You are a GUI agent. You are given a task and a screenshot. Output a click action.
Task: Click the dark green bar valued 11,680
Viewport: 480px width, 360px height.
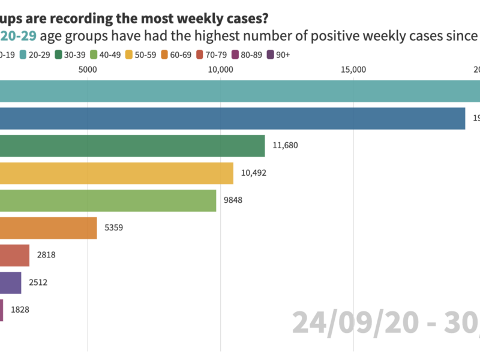click(132, 146)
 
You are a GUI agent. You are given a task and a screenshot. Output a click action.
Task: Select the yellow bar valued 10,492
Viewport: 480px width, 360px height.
click(116, 173)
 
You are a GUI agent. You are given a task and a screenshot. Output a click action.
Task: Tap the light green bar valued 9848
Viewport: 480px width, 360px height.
click(108, 200)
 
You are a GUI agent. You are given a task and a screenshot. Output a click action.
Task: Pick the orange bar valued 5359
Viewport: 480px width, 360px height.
click(48, 228)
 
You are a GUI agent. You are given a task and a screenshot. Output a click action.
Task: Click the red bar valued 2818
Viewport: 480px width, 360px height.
click(14, 256)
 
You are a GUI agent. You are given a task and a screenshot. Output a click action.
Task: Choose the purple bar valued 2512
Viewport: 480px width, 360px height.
click(10, 283)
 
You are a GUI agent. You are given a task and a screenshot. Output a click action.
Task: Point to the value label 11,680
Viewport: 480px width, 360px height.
click(284, 146)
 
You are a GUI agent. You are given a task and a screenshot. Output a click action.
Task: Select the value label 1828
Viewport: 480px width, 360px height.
click(20, 310)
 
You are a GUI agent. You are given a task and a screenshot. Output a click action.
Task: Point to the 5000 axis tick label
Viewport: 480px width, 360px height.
click(88, 70)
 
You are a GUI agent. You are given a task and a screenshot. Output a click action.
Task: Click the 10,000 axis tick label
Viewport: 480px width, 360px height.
click(221, 70)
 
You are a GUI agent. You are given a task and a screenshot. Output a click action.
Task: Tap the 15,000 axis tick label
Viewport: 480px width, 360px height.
click(353, 70)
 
